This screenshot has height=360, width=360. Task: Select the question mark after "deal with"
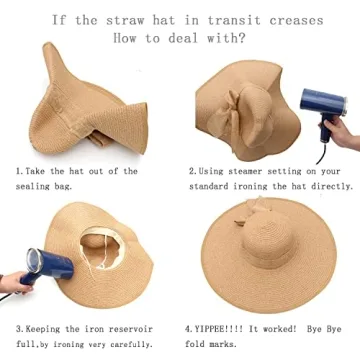[245, 40]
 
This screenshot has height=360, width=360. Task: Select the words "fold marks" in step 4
[217, 343]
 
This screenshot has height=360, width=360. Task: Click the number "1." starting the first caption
[20, 171]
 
